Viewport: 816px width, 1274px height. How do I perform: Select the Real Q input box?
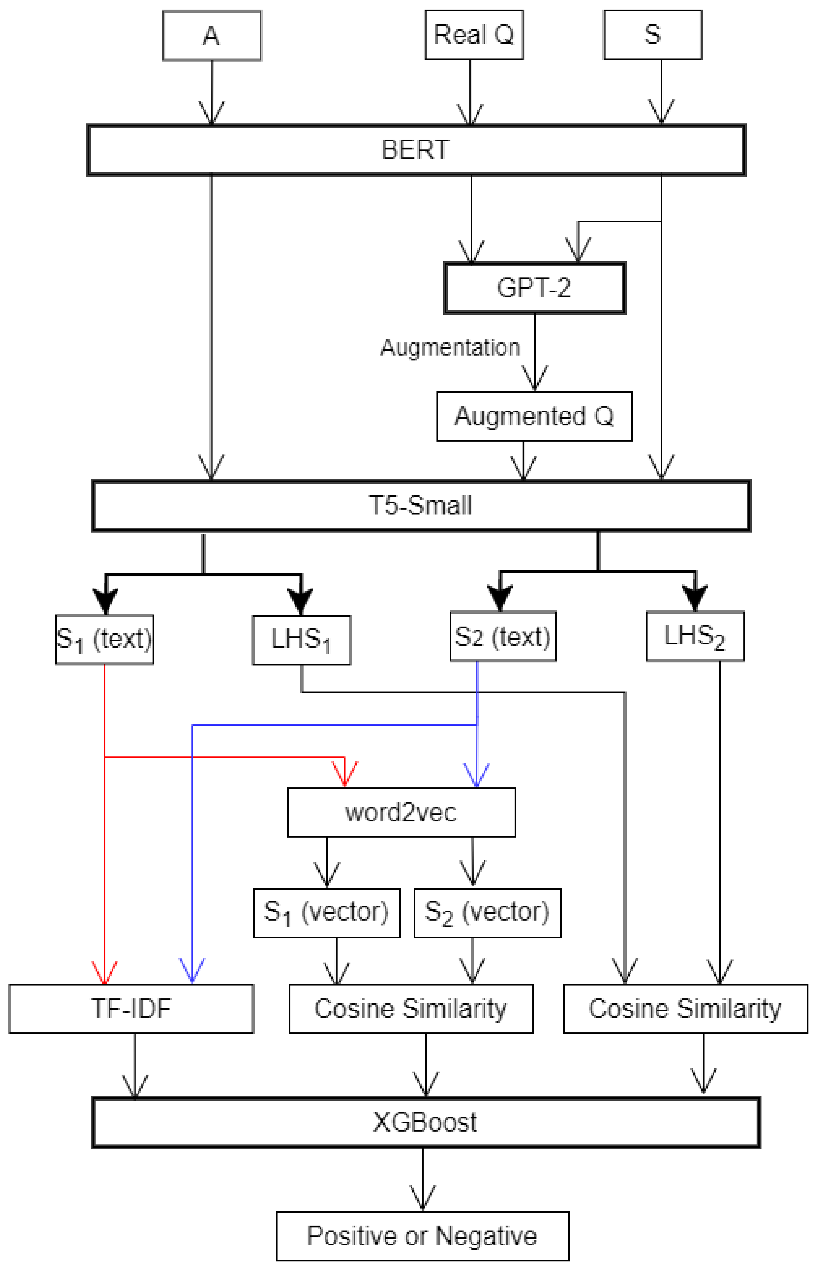474,35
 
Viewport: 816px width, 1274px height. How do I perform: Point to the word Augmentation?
450,348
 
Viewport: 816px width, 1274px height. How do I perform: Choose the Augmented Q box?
534,417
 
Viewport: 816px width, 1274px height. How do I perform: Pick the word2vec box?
401,812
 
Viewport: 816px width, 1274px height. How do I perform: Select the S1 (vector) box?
327,913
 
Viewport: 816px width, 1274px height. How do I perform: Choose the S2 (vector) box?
487,913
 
